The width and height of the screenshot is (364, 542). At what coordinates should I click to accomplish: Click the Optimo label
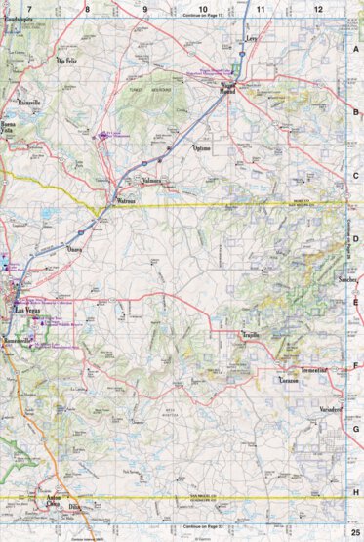(201, 148)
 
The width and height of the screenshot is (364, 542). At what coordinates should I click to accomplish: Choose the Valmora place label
(151, 181)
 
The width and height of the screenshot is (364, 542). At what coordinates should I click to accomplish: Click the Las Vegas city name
(27, 310)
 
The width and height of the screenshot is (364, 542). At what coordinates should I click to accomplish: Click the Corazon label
(288, 379)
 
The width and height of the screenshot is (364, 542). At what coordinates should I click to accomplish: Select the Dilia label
(74, 507)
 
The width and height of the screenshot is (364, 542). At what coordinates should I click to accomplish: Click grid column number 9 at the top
(145, 8)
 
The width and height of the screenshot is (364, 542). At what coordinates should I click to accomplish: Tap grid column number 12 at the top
(317, 8)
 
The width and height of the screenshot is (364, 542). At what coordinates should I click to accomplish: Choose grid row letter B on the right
(356, 112)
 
